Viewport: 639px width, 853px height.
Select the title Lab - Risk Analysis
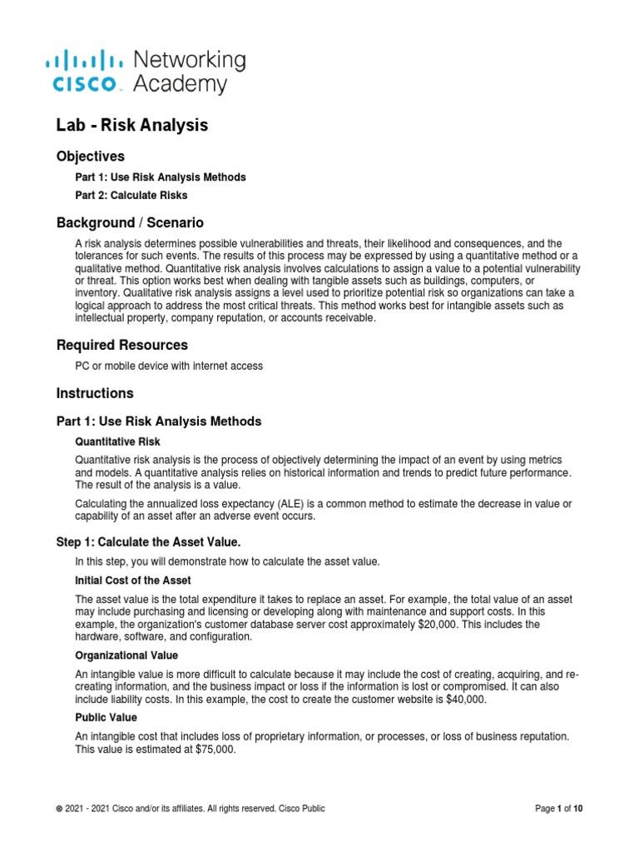coord(131,125)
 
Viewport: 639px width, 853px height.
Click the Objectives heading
coord(90,156)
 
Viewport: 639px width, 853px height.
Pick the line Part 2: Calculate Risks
coord(131,196)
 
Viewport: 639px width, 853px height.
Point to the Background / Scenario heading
coord(129,223)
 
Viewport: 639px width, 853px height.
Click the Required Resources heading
coord(121,345)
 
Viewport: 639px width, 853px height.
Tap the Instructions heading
coord(94,393)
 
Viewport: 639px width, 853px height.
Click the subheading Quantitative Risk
coord(117,441)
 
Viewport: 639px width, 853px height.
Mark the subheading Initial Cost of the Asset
coord(134,580)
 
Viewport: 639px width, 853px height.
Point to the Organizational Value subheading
coord(126,656)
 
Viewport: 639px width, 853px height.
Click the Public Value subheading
coord(106,717)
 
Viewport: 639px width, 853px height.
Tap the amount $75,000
coord(214,749)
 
